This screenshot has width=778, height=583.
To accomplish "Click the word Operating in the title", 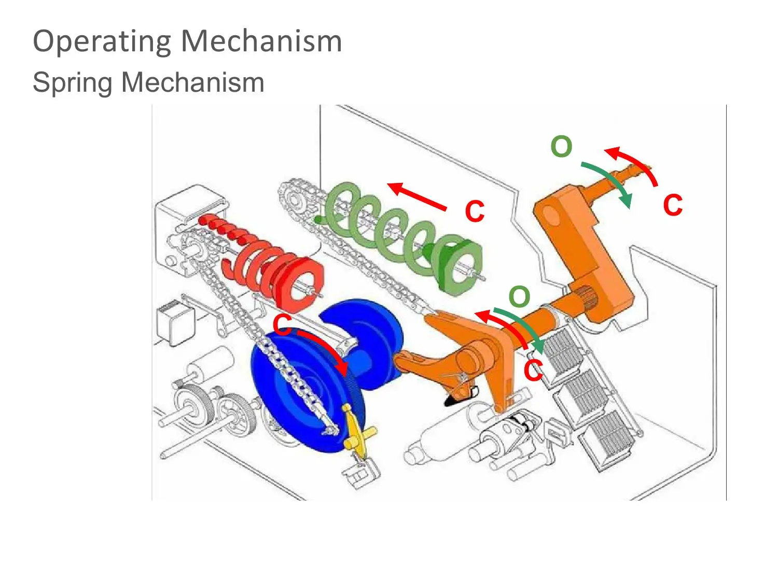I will click(x=102, y=41).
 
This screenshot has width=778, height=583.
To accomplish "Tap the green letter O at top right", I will click(x=561, y=147).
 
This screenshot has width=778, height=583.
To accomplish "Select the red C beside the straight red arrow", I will click(x=475, y=211).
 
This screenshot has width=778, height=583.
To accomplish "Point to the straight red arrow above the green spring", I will click(x=418, y=197).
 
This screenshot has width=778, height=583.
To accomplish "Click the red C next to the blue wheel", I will click(x=282, y=325).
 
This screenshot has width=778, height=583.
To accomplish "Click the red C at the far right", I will click(x=673, y=205).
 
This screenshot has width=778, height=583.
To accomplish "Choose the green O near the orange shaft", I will click(x=519, y=297).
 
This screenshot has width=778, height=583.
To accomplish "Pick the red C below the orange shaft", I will click(x=533, y=371).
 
